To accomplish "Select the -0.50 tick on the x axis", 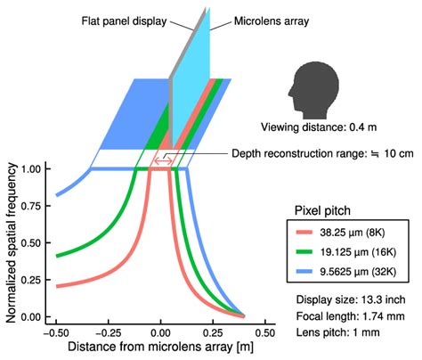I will pyautogui.click(x=56, y=328).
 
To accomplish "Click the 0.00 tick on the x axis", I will pyautogui.click(x=161, y=328).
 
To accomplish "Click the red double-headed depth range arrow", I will pyautogui.click(x=161, y=160).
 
